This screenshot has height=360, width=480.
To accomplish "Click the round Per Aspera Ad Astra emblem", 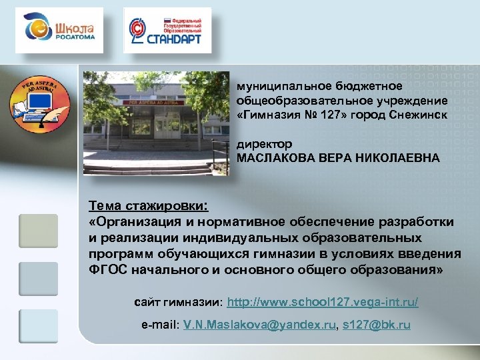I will (40, 104).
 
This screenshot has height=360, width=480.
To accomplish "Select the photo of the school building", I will (155, 123).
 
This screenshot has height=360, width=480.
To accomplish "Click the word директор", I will (265, 144).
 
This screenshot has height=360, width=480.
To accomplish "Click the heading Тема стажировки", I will (148, 203).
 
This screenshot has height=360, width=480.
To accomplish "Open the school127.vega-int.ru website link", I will (323, 302).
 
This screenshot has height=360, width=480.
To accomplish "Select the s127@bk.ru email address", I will (377, 325).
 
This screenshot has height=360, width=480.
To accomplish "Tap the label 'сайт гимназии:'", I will (178, 302).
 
